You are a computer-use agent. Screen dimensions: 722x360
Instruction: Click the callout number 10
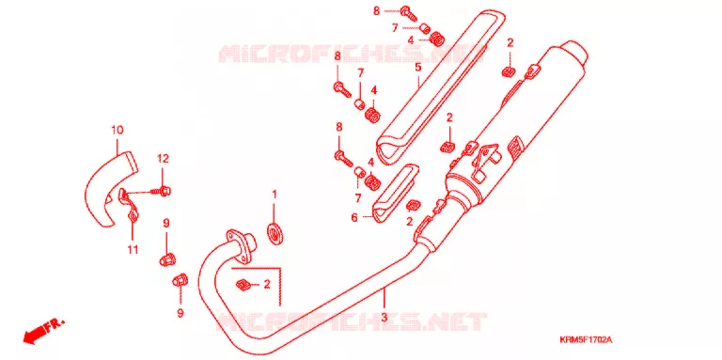118,131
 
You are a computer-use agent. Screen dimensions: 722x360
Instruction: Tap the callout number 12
163,159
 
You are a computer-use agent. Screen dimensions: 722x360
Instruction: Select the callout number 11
133,250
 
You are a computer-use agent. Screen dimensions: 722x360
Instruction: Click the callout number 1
275,195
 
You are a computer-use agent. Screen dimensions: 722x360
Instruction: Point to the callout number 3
385,318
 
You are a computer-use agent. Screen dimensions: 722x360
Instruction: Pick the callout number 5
417,68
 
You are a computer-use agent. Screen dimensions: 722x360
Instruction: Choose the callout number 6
354,217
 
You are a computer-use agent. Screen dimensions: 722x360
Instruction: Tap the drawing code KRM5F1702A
586,339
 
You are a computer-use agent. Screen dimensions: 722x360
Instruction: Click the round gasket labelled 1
276,233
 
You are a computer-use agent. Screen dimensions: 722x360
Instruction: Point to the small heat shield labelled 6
394,194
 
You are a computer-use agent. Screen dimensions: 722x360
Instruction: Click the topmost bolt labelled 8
409,12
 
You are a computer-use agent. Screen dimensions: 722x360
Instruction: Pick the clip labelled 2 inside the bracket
243,286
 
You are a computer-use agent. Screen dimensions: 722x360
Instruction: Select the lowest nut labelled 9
180,280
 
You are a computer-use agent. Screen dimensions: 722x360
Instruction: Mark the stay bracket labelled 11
129,206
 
